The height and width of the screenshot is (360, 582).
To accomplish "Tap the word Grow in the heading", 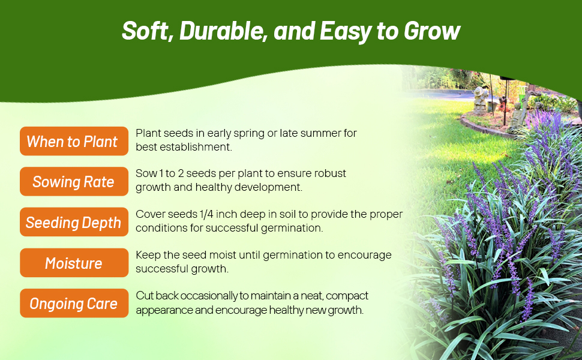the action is (x=432, y=31).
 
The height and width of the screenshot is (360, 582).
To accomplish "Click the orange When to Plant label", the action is (x=74, y=141).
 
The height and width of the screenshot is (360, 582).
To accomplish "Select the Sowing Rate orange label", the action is (x=74, y=181).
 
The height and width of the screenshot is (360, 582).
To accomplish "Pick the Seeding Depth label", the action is (x=74, y=222).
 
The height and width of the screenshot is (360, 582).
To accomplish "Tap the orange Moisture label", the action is (x=74, y=263).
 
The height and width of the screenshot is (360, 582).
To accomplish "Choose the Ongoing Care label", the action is (x=74, y=303).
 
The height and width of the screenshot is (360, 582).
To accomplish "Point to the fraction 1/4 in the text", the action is (x=206, y=214).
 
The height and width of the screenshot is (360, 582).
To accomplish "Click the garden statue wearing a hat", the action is (x=481, y=100).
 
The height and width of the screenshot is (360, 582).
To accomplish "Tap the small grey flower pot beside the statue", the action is (x=493, y=106).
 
